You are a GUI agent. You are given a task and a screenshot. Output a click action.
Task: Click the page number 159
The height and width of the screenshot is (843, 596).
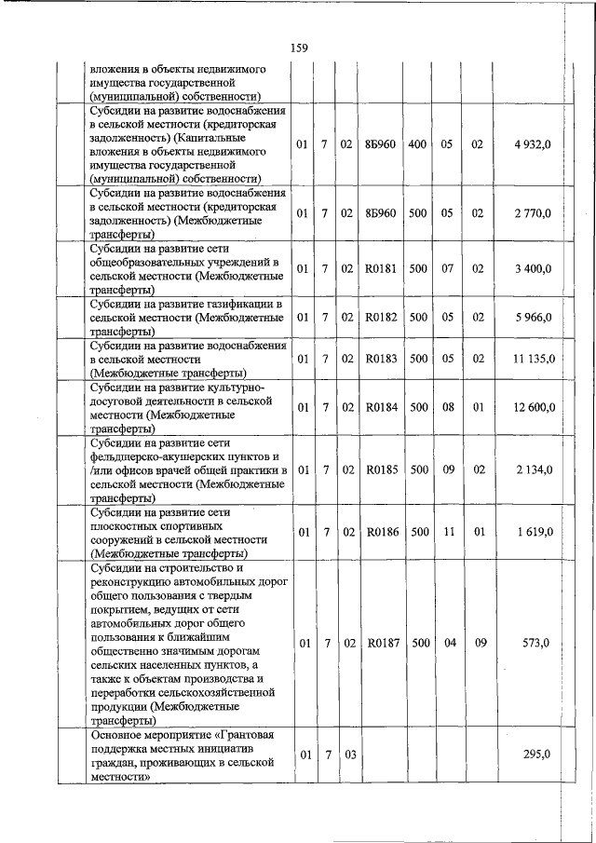click(x=299, y=48)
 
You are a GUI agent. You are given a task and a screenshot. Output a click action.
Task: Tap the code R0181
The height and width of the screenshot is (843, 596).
click(x=381, y=269)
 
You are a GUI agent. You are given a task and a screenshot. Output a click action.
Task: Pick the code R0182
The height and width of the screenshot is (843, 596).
click(x=381, y=318)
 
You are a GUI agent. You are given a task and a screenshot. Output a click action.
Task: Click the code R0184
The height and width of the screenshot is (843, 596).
click(x=381, y=407)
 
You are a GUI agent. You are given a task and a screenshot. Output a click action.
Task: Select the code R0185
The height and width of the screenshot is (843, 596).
click(x=381, y=469)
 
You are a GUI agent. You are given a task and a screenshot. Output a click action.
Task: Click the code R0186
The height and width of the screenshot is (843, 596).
click(x=381, y=532)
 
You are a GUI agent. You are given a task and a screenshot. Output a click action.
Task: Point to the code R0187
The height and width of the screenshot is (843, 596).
click(x=381, y=643)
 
